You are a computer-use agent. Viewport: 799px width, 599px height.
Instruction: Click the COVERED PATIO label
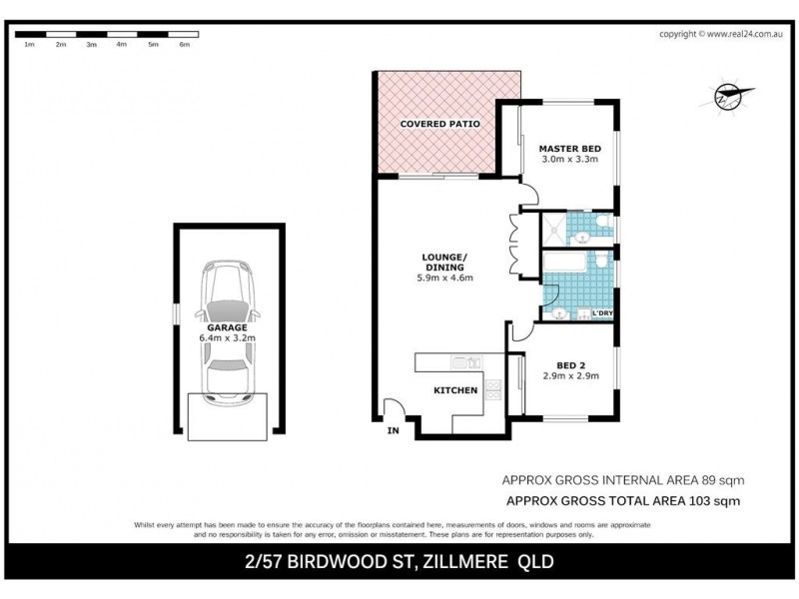(440, 124)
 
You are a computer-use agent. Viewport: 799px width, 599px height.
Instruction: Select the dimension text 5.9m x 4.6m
(444, 278)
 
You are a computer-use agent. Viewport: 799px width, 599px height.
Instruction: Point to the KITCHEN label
(454, 390)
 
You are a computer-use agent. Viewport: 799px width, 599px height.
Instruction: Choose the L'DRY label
(602, 314)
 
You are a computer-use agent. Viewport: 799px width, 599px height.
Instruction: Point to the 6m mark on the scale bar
(183, 45)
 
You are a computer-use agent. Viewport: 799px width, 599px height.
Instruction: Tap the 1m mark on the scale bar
(29, 45)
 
